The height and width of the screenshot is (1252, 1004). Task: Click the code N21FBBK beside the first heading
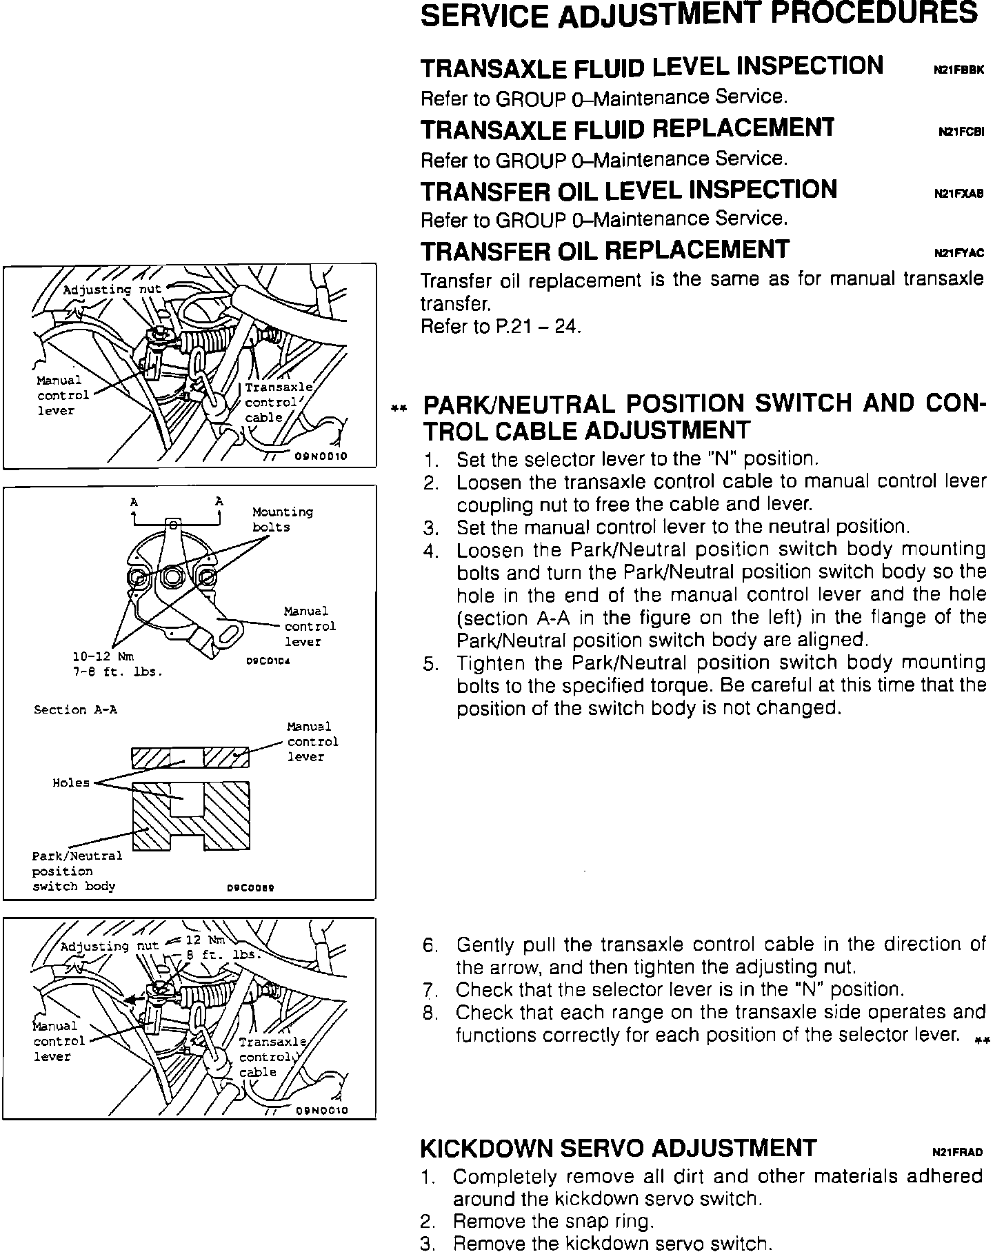(958, 70)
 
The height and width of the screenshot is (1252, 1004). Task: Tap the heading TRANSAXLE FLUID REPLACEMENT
(627, 129)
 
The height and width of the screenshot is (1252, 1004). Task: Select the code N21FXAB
(958, 194)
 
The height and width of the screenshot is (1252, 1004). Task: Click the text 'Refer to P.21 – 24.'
(501, 326)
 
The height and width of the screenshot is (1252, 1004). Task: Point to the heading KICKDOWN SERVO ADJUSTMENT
(619, 1148)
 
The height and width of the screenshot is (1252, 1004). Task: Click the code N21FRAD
(957, 1152)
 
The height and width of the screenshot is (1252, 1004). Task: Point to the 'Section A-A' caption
(75, 709)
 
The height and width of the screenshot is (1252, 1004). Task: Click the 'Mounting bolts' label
(282, 519)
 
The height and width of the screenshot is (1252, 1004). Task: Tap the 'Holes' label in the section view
(71, 782)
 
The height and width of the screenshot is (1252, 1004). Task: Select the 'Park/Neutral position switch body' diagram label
(77, 871)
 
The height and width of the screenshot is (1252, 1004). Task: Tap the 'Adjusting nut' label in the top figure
(112, 290)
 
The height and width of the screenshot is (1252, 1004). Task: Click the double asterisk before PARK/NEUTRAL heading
(396, 409)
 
